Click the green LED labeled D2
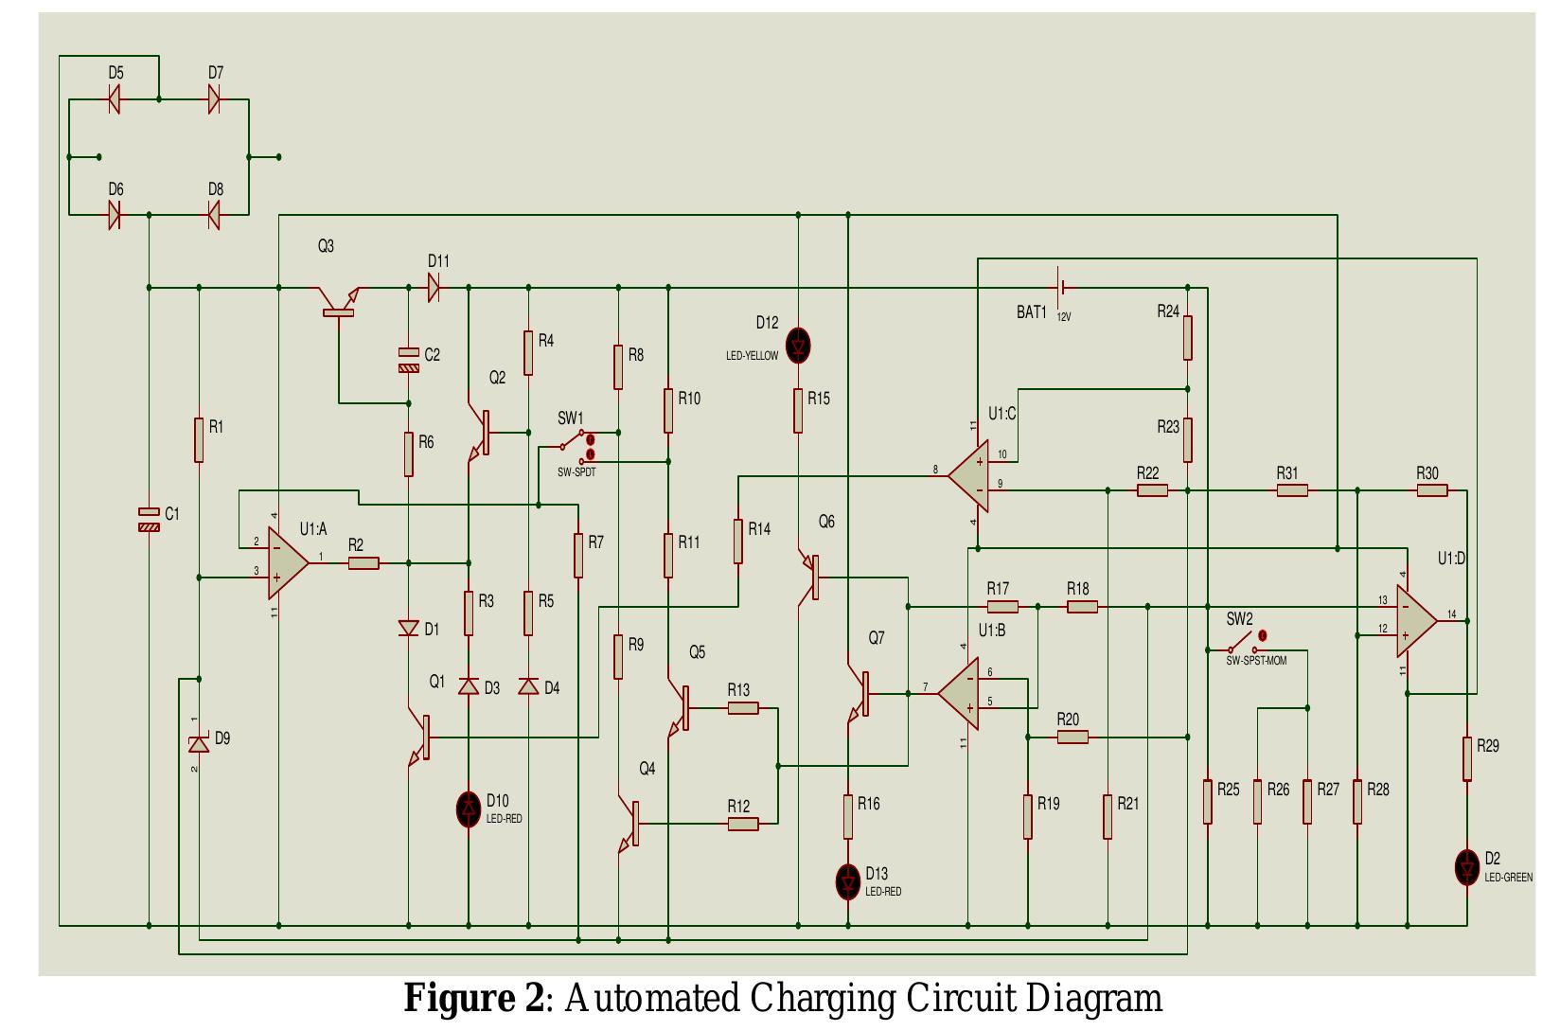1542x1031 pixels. (x=1467, y=867)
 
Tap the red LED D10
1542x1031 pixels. (x=469, y=809)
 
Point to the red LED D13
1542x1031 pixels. (x=848, y=881)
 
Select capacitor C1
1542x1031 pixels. (x=149, y=519)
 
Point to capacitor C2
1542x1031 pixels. (x=409, y=360)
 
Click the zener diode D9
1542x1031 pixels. (x=199, y=744)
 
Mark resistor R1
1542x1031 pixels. (x=199, y=439)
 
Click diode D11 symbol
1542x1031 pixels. (x=434, y=287)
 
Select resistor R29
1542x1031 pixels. (x=1467, y=758)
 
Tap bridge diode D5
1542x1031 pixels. (x=114, y=98)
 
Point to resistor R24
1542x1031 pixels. (x=1187, y=337)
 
